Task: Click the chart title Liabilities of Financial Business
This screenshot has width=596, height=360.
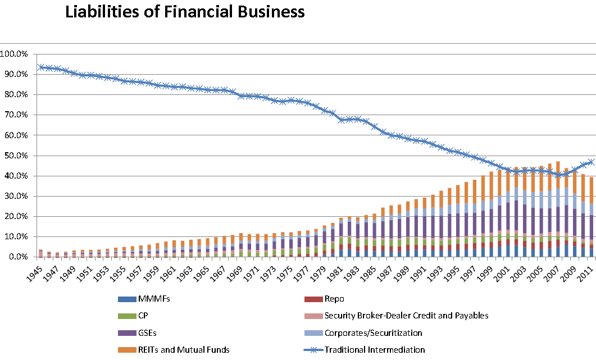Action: coord(185,12)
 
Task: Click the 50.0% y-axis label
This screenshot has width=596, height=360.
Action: coord(18,156)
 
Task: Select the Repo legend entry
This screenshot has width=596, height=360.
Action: coord(334,299)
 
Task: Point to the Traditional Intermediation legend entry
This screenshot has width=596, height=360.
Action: coord(374,349)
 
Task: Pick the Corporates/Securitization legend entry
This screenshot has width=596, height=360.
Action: coord(373,332)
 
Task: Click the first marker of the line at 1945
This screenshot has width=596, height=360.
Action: coord(40,67)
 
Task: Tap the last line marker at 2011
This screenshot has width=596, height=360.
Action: coord(591,162)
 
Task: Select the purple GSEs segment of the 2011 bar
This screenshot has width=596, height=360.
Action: coord(591,227)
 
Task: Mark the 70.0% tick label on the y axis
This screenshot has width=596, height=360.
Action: coord(18,115)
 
